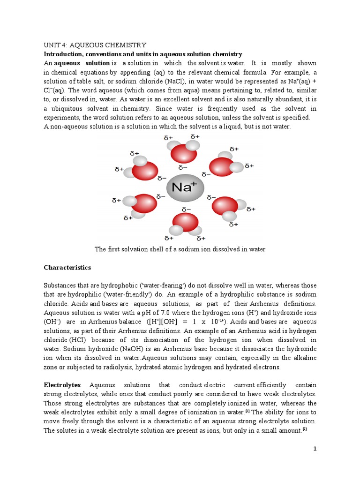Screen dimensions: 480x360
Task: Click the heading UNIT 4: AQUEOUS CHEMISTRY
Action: click(95, 45)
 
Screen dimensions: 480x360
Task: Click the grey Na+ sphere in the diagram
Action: click(185, 187)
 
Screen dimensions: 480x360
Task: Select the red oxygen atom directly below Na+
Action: click(186, 222)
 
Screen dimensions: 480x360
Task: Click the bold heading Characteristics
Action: click(67, 268)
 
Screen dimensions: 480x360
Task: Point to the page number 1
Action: click(315, 449)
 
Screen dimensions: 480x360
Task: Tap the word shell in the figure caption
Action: click(157, 249)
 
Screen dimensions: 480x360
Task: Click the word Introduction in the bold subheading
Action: click(63, 54)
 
